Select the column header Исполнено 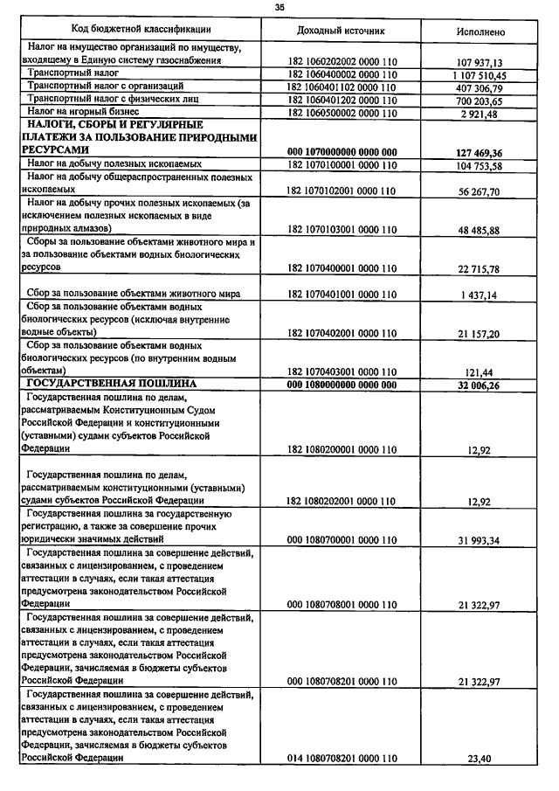coord(480,31)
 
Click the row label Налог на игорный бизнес coord(83,113)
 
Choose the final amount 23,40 coord(482,759)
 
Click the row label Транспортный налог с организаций coord(106,87)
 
